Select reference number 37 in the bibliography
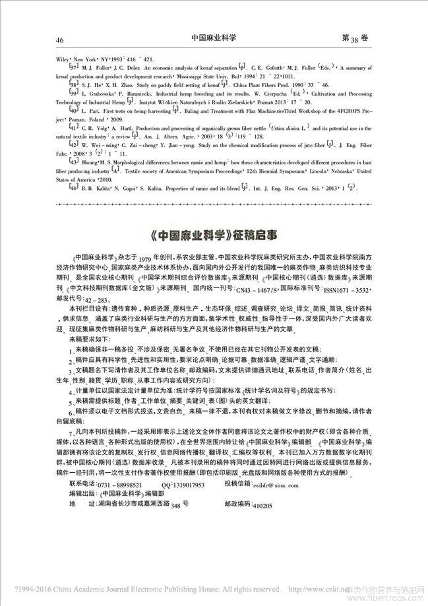(x=75, y=68)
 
